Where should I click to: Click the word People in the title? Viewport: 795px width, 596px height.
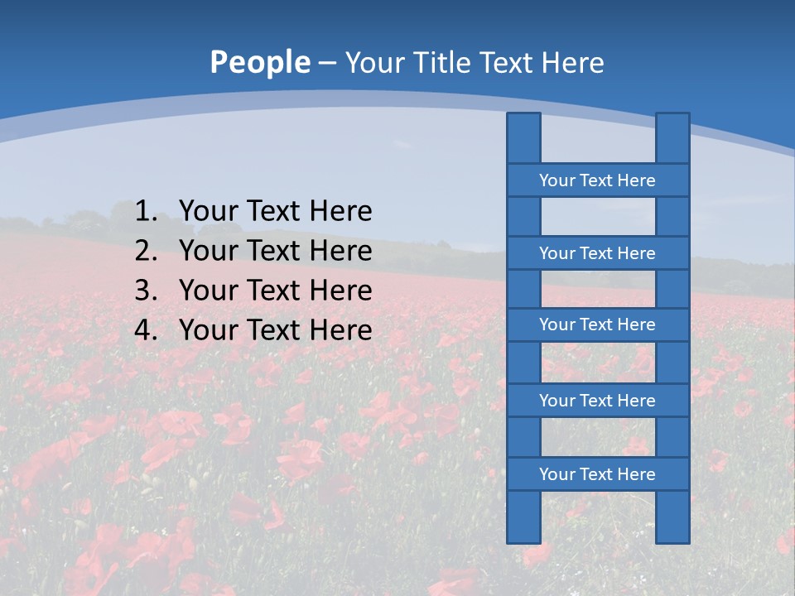coord(259,62)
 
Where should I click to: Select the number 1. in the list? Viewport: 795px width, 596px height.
coord(146,212)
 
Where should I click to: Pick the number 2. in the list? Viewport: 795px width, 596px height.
coord(146,251)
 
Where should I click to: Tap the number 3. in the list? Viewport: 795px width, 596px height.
coord(146,291)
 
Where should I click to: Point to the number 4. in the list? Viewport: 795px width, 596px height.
coord(146,330)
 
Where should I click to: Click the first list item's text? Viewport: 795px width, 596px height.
coord(275,212)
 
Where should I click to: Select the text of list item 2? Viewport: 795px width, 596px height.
coord(275,251)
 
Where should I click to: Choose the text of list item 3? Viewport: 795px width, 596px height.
coord(275,291)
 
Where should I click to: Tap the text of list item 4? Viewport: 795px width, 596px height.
coord(275,330)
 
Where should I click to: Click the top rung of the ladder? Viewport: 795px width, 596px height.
coord(597,180)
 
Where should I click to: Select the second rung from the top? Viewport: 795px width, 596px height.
coord(597,253)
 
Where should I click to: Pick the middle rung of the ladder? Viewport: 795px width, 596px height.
coord(597,324)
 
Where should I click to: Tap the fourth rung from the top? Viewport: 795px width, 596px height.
coord(597,401)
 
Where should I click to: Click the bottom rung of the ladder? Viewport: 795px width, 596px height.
coord(597,474)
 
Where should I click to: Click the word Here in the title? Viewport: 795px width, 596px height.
coord(572,62)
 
